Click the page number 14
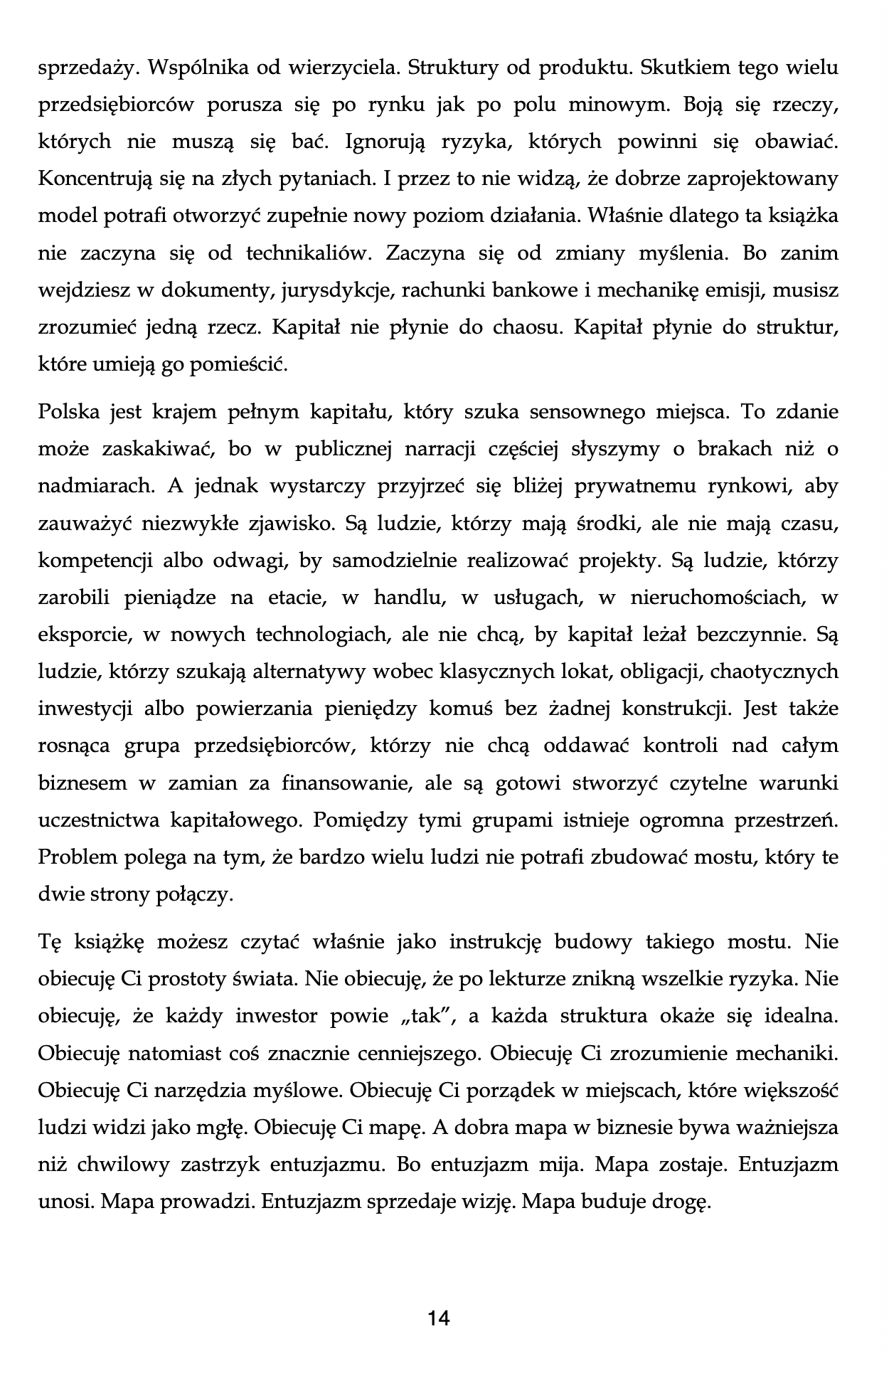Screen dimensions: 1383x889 (439, 1318)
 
